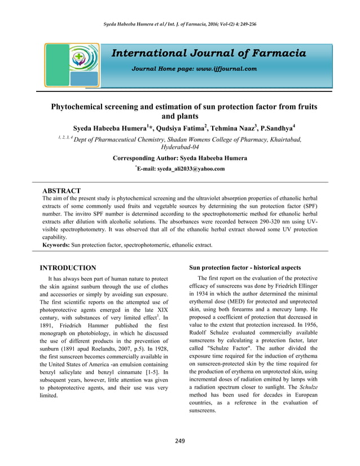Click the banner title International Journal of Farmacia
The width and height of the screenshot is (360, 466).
(209, 54)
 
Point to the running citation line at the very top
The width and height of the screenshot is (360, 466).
(179, 24)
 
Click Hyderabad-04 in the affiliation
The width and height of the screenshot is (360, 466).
(180, 148)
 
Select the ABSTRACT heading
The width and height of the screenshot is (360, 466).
(62, 191)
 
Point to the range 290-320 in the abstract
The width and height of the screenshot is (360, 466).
(271, 222)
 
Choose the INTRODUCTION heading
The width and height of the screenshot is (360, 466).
(66, 267)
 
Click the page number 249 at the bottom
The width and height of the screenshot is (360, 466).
(179, 441)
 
